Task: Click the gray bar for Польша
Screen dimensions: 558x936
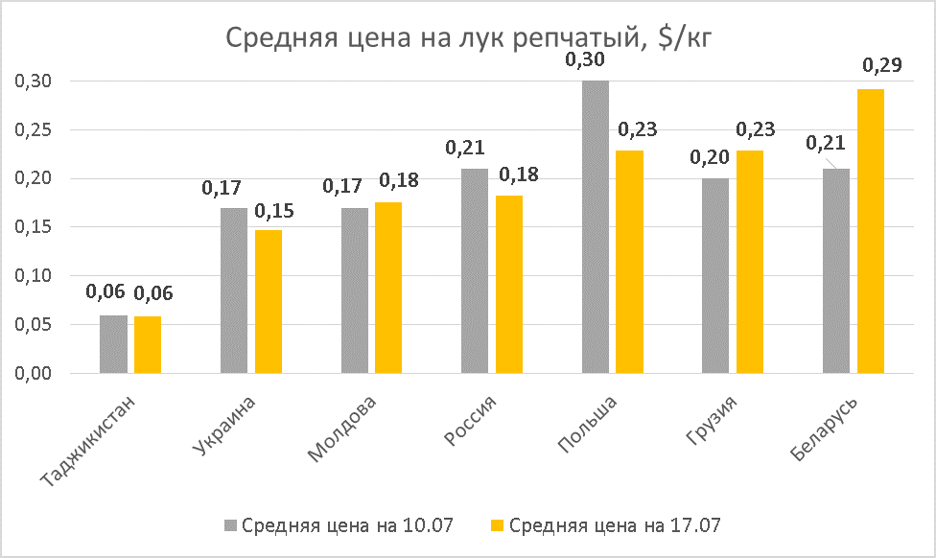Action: coord(595,227)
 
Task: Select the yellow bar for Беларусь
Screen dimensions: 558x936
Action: coord(871,231)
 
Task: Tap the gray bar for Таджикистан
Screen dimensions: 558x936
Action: coord(113,344)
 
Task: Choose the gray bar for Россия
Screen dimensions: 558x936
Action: coord(475,271)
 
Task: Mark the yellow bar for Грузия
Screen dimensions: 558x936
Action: coord(750,262)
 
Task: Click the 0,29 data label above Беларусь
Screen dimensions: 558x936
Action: coord(881,66)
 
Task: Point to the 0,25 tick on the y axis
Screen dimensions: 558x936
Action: coord(33,130)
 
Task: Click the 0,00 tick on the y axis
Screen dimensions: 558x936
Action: coord(33,374)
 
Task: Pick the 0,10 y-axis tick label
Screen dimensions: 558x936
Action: coord(33,276)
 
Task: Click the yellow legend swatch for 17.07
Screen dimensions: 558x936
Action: coord(497,525)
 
